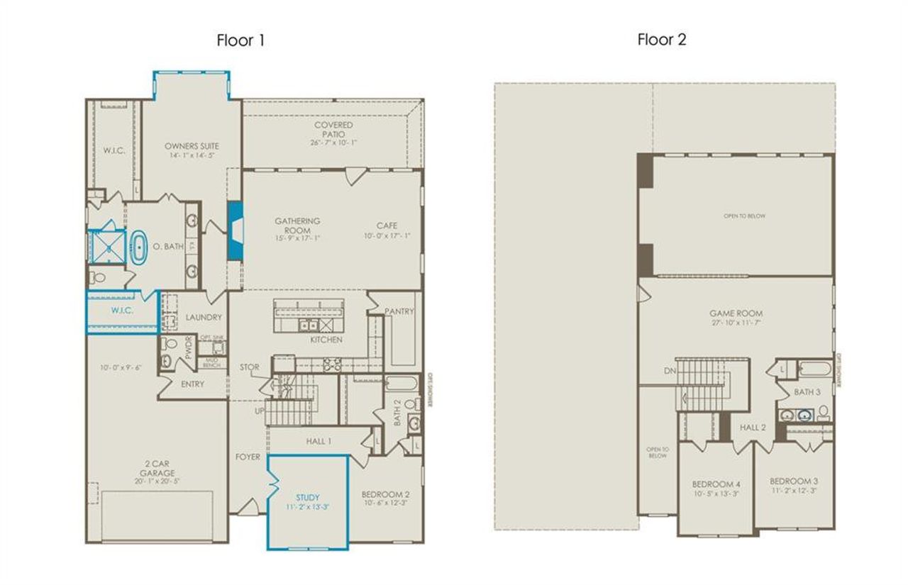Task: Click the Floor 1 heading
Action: click(240, 40)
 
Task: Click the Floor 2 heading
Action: click(661, 40)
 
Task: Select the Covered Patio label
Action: click(333, 130)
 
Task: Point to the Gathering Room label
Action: click(297, 226)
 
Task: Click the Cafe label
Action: click(387, 226)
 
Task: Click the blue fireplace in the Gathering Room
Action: click(234, 230)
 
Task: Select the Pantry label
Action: click(399, 311)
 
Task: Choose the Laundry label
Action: click(204, 318)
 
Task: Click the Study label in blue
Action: click(308, 497)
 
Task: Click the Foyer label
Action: click(248, 457)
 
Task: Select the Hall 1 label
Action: click(319, 441)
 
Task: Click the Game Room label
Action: click(736, 313)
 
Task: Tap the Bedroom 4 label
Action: click(712, 484)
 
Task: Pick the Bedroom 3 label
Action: click(793, 481)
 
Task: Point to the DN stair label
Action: click(668, 371)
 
